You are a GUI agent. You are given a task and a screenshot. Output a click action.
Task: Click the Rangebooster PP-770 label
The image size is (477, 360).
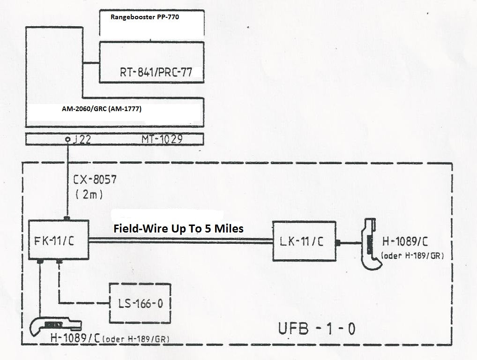(145, 17)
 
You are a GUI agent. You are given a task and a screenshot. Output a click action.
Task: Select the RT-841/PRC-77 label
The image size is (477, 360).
(159, 73)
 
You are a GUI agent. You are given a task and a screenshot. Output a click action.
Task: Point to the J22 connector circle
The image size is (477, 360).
(68, 139)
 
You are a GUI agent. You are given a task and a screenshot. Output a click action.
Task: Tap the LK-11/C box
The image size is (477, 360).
(304, 241)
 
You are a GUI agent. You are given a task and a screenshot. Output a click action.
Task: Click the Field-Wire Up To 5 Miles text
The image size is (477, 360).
(179, 229)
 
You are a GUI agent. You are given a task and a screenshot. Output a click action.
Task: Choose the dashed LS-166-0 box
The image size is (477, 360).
(139, 303)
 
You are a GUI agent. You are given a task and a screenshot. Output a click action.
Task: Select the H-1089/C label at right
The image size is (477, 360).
(404, 242)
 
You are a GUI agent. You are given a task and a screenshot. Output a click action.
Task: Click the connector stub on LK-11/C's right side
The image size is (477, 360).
(338, 243)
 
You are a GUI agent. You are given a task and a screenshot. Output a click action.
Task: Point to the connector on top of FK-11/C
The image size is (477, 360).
(67, 218)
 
